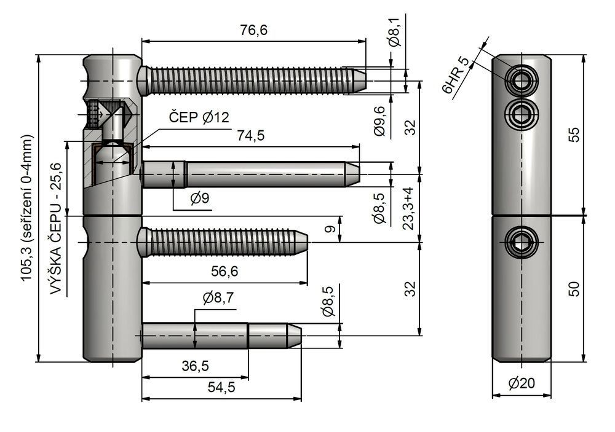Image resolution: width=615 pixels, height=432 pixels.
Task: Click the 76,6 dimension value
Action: coord(254,29)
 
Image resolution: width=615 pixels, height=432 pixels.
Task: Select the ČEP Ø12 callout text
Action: coord(199,117)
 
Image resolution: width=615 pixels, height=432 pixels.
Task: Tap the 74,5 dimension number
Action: coord(251,136)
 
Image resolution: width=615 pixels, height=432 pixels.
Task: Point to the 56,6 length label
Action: coord(224,271)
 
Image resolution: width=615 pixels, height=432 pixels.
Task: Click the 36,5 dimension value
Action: coord(196,366)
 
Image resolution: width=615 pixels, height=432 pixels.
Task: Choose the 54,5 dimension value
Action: coord(221,387)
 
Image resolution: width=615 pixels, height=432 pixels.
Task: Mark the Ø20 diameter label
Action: coord(522,383)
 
